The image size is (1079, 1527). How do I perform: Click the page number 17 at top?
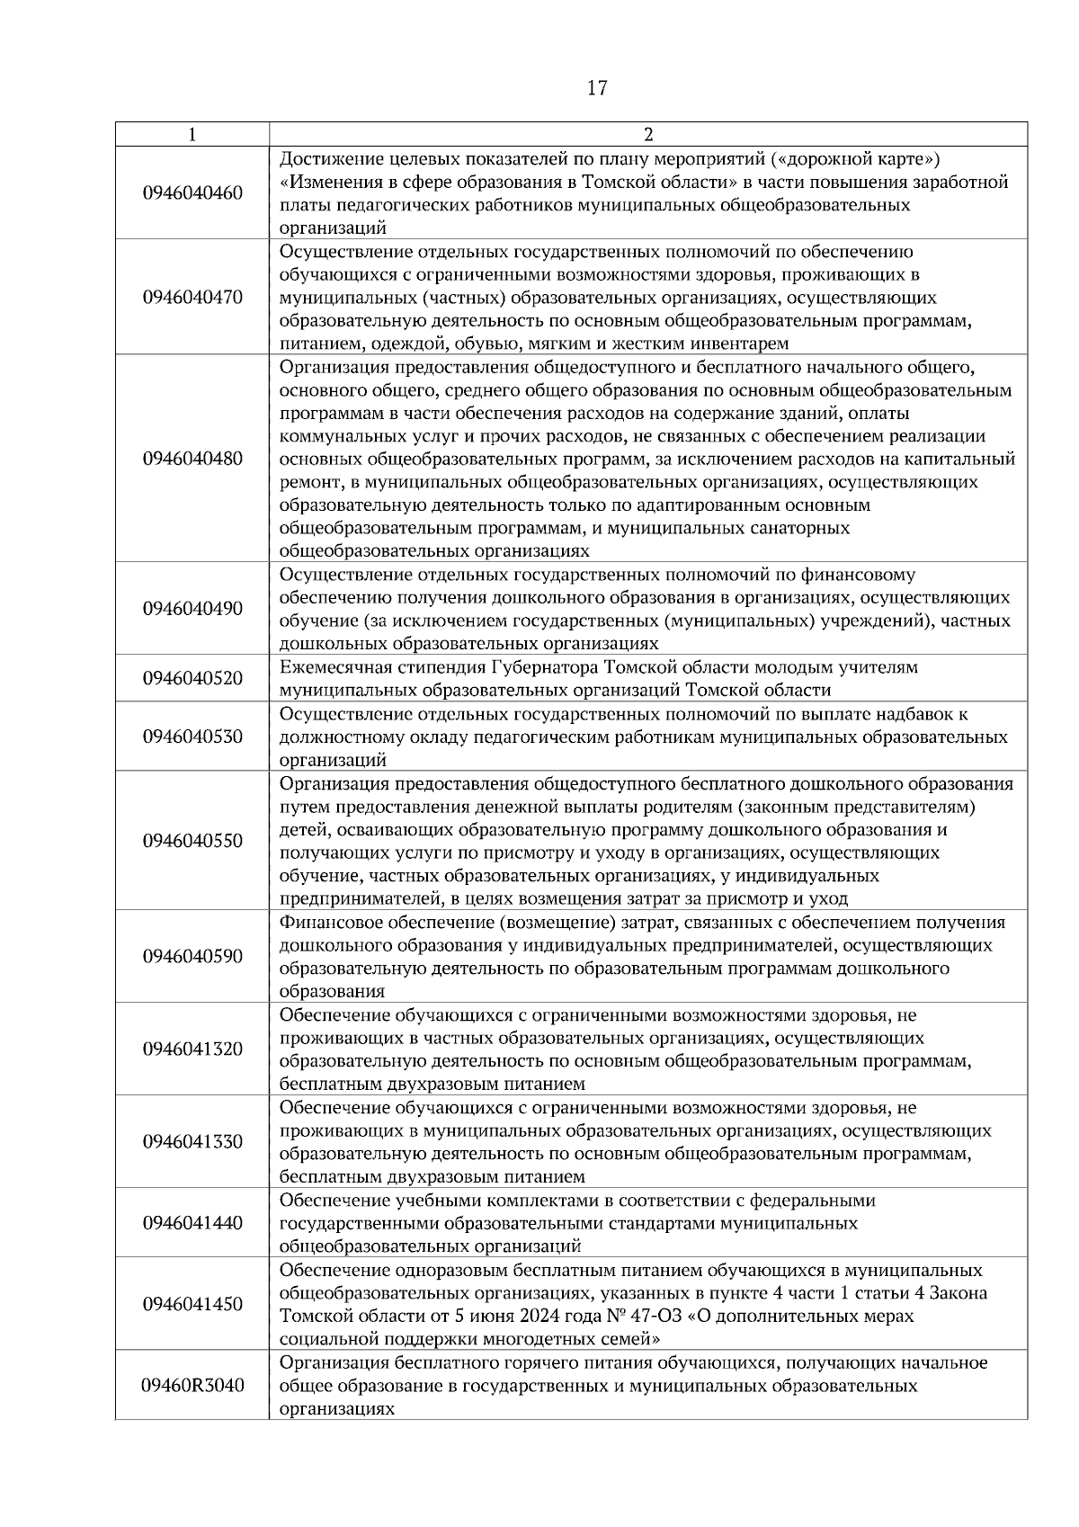click(x=597, y=88)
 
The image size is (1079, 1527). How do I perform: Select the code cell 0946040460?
click(x=192, y=193)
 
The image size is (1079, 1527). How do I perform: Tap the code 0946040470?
click(x=192, y=298)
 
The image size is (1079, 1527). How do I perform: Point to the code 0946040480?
click(x=192, y=459)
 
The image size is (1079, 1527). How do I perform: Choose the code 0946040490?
click(x=192, y=609)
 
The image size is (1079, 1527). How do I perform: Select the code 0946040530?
click(x=192, y=737)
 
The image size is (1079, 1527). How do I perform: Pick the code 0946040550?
click(x=192, y=841)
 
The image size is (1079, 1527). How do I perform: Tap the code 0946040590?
click(x=192, y=957)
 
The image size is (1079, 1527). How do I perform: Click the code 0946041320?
click(x=192, y=1049)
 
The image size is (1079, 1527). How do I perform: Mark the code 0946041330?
click(x=192, y=1142)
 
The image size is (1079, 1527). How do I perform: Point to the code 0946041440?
click(x=192, y=1223)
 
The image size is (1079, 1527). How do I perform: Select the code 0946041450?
click(x=192, y=1304)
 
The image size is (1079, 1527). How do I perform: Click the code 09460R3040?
click(x=192, y=1386)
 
